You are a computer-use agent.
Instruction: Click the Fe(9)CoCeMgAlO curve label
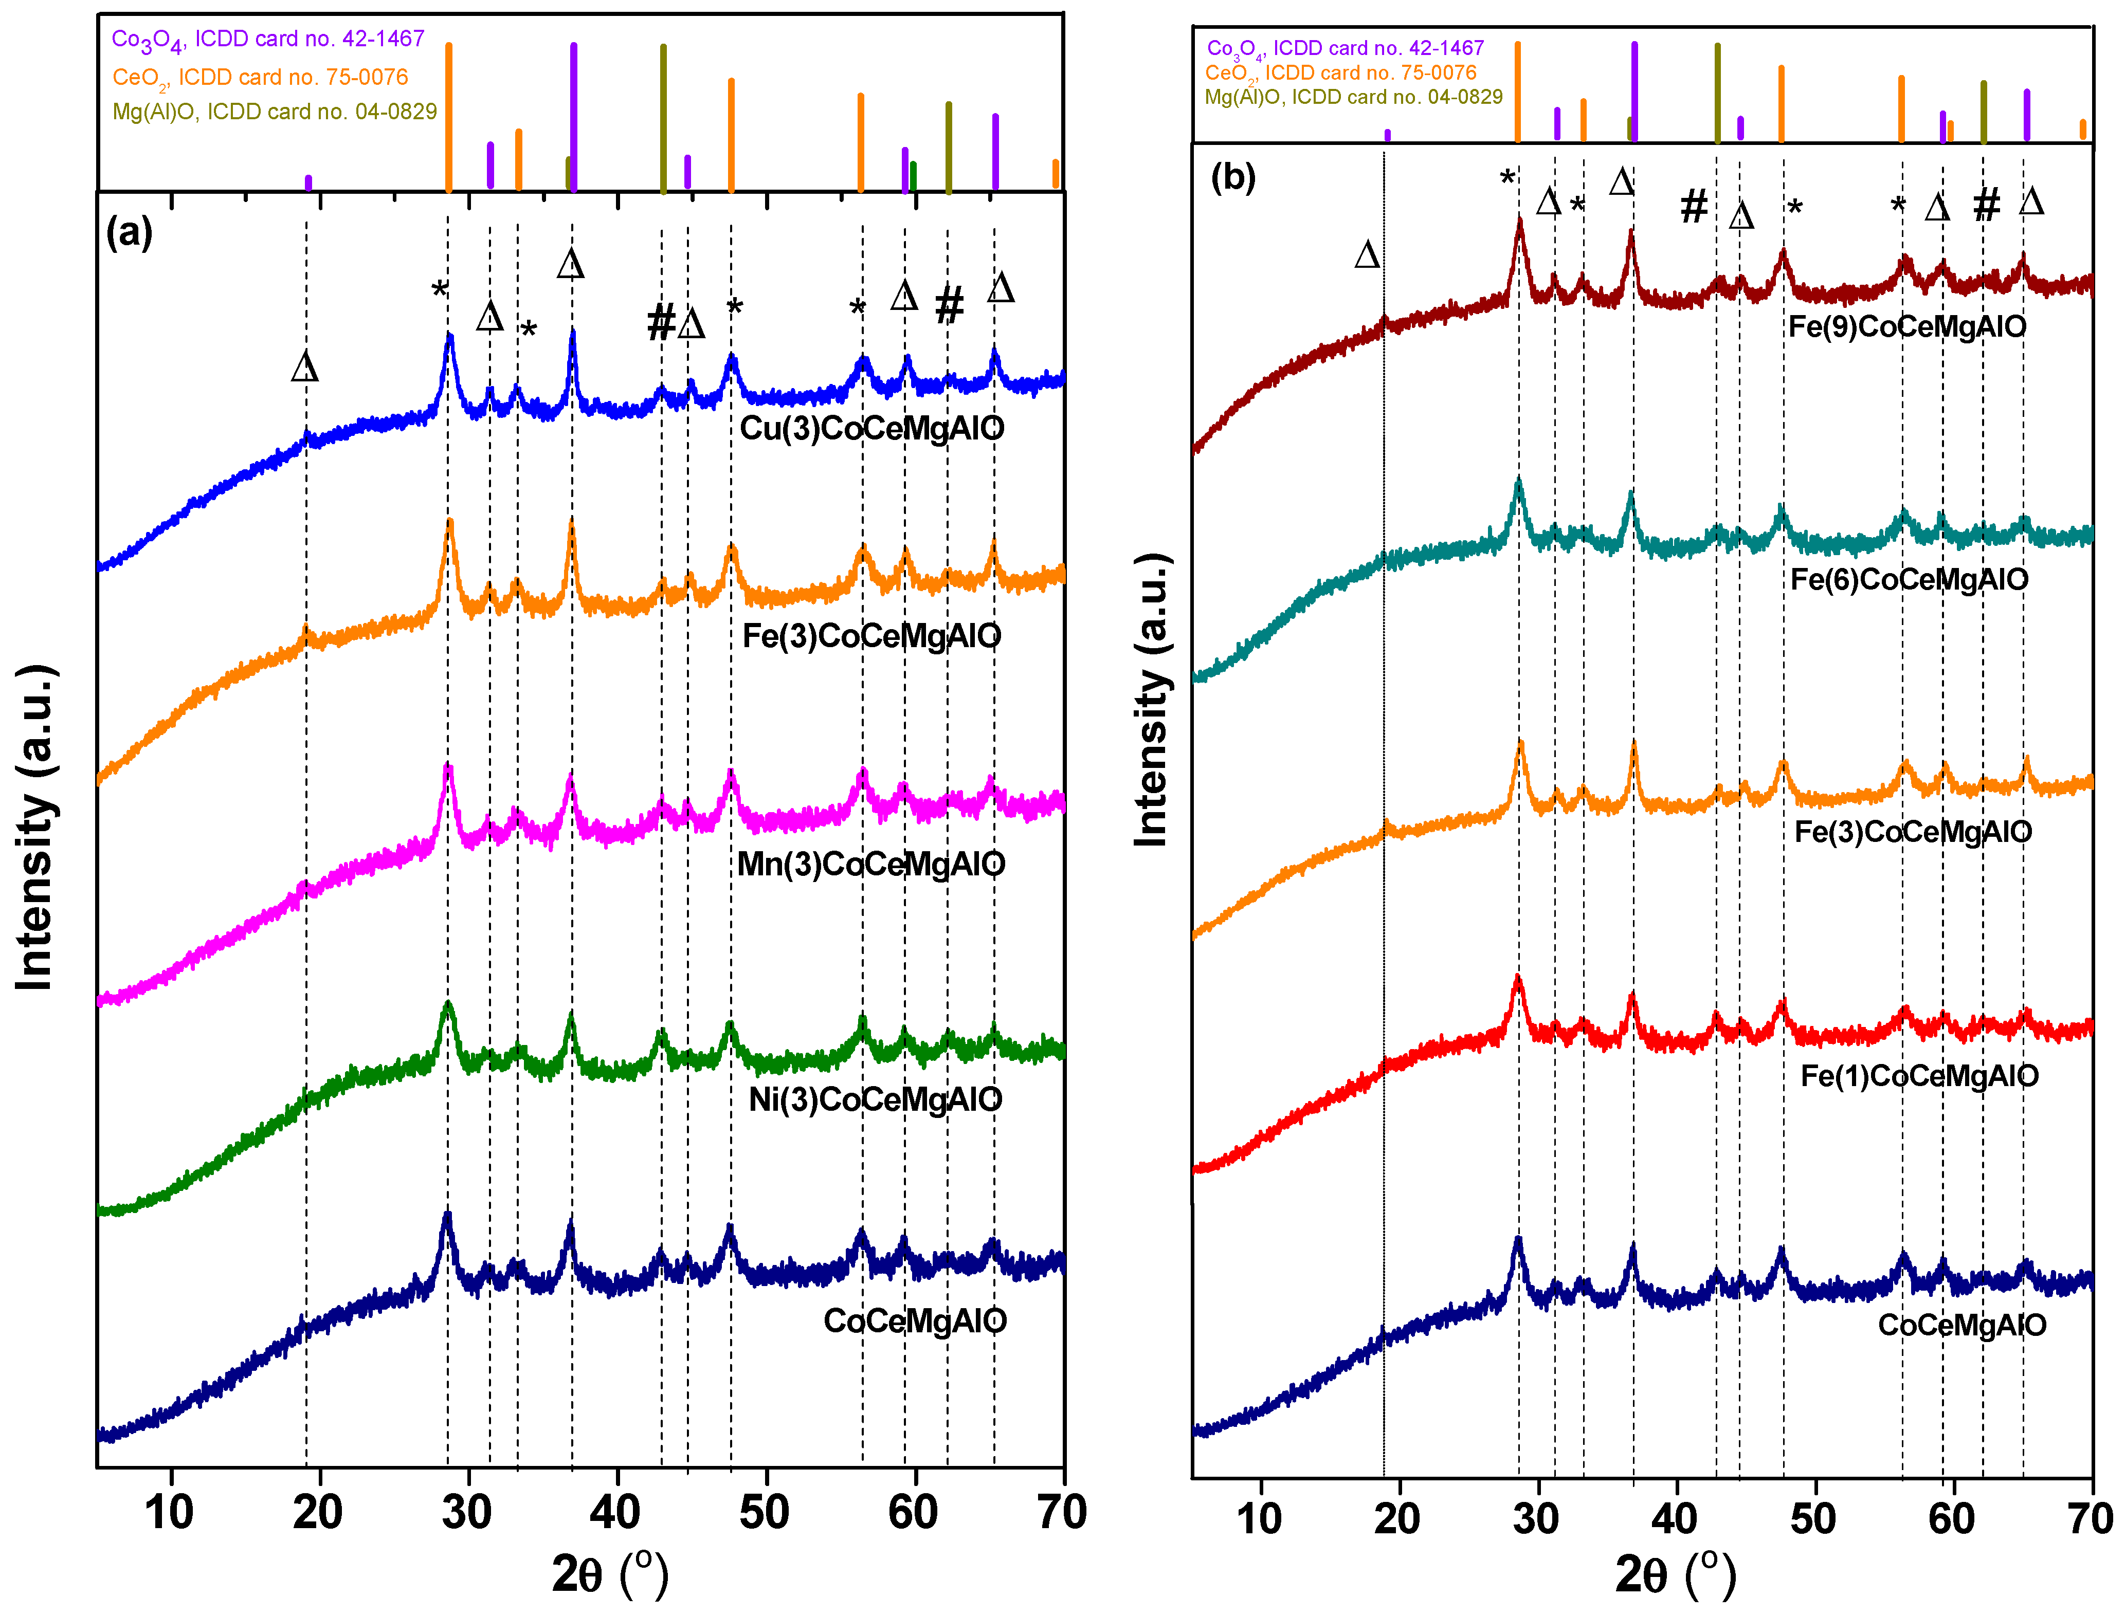[x=1906, y=327]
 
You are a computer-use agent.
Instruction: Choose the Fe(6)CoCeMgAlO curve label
[x=1909, y=580]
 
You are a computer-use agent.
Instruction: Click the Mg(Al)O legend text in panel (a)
[x=274, y=112]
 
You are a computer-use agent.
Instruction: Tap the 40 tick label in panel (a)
[x=615, y=1512]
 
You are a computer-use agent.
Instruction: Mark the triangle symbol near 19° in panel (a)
[x=305, y=367]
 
